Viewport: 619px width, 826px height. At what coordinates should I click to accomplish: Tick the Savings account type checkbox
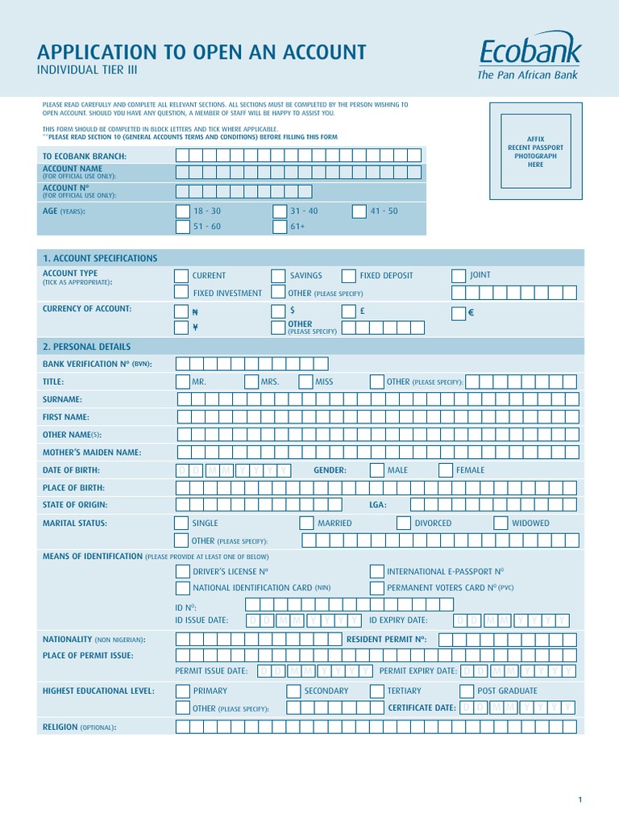pyautogui.click(x=278, y=276)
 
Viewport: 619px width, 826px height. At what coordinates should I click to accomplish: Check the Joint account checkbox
pyautogui.click(x=459, y=276)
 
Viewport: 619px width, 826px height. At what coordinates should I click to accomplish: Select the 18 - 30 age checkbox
pyautogui.click(x=182, y=211)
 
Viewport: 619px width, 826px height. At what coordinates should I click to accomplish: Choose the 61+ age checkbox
pyautogui.click(x=279, y=227)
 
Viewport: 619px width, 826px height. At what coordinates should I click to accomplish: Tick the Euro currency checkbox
pyautogui.click(x=459, y=313)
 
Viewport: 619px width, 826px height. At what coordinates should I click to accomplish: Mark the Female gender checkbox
pyautogui.click(x=446, y=470)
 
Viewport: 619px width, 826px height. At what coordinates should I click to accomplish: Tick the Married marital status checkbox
pyautogui.click(x=306, y=523)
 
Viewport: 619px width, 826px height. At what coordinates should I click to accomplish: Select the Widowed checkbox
pyautogui.click(x=501, y=523)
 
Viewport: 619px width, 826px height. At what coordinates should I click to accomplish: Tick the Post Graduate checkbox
pyautogui.click(x=466, y=691)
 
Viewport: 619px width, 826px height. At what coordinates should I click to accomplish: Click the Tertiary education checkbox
pyautogui.click(x=376, y=691)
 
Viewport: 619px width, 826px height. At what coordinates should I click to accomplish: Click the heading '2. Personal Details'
pyautogui.click(x=86, y=347)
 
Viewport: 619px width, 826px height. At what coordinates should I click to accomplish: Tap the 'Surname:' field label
pyautogui.click(x=62, y=399)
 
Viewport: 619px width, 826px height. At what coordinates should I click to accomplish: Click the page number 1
pyautogui.click(x=580, y=799)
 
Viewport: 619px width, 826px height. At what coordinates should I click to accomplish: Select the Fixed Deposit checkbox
pyautogui.click(x=348, y=276)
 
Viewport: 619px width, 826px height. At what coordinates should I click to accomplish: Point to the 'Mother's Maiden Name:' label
pyautogui.click(x=92, y=453)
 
